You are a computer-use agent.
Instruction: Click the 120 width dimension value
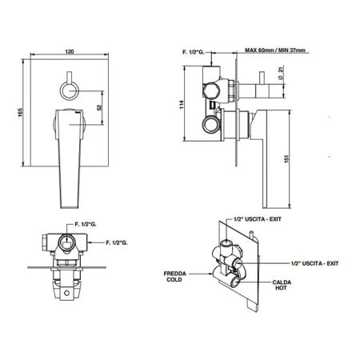(x=70, y=51)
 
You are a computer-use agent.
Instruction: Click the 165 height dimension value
(x=21, y=112)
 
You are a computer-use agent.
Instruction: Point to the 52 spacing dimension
(x=100, y=108)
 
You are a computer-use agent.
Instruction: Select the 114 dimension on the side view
(x=182, y=104)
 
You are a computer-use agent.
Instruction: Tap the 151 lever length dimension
(x=286, y=159)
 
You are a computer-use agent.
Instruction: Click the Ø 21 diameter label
(x=280, y=73)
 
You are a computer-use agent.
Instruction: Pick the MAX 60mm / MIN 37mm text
(x=275, y=50)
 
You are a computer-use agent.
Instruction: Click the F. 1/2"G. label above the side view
(x=193, y=52)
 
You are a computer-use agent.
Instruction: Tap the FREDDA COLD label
(x=174, y=277)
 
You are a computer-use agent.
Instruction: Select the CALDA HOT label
(x=282, y=285)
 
